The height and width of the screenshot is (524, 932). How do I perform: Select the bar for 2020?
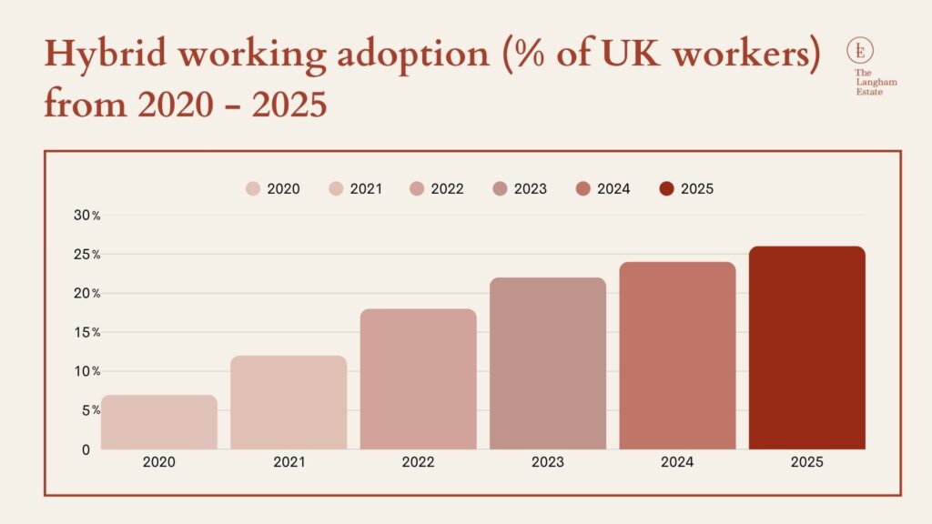click(159, 422)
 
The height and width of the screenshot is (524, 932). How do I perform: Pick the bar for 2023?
click(548, 363)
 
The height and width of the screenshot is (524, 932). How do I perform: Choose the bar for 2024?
click(677, 356)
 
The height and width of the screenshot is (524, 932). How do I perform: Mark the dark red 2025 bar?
click(807, 348)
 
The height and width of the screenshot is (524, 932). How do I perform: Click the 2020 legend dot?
click(253, 189)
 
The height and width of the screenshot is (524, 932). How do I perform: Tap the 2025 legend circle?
click(666, 189)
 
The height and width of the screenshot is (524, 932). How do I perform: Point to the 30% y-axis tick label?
click(87, 216)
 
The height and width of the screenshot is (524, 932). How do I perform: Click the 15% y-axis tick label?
click(87, 333)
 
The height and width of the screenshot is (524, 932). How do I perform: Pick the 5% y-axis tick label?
click(91, 410)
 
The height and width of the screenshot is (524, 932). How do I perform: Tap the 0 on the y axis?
click(86, 449)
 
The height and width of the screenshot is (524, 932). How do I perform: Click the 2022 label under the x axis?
click(419, 462)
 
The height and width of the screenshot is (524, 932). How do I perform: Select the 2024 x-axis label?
click(677, 462)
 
